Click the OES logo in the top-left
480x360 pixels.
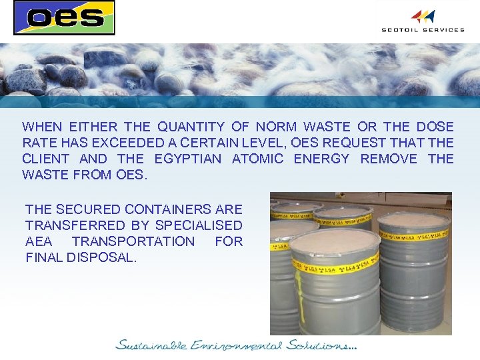coord(64,17)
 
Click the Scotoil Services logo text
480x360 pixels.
coord(423,29)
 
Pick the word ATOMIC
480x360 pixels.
coord(257,159)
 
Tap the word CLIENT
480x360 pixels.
coord(45,159)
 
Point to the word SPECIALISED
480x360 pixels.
coord(199,225)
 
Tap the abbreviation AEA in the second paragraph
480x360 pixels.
coord(41,241)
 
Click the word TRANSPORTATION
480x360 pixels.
coord(133,241)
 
